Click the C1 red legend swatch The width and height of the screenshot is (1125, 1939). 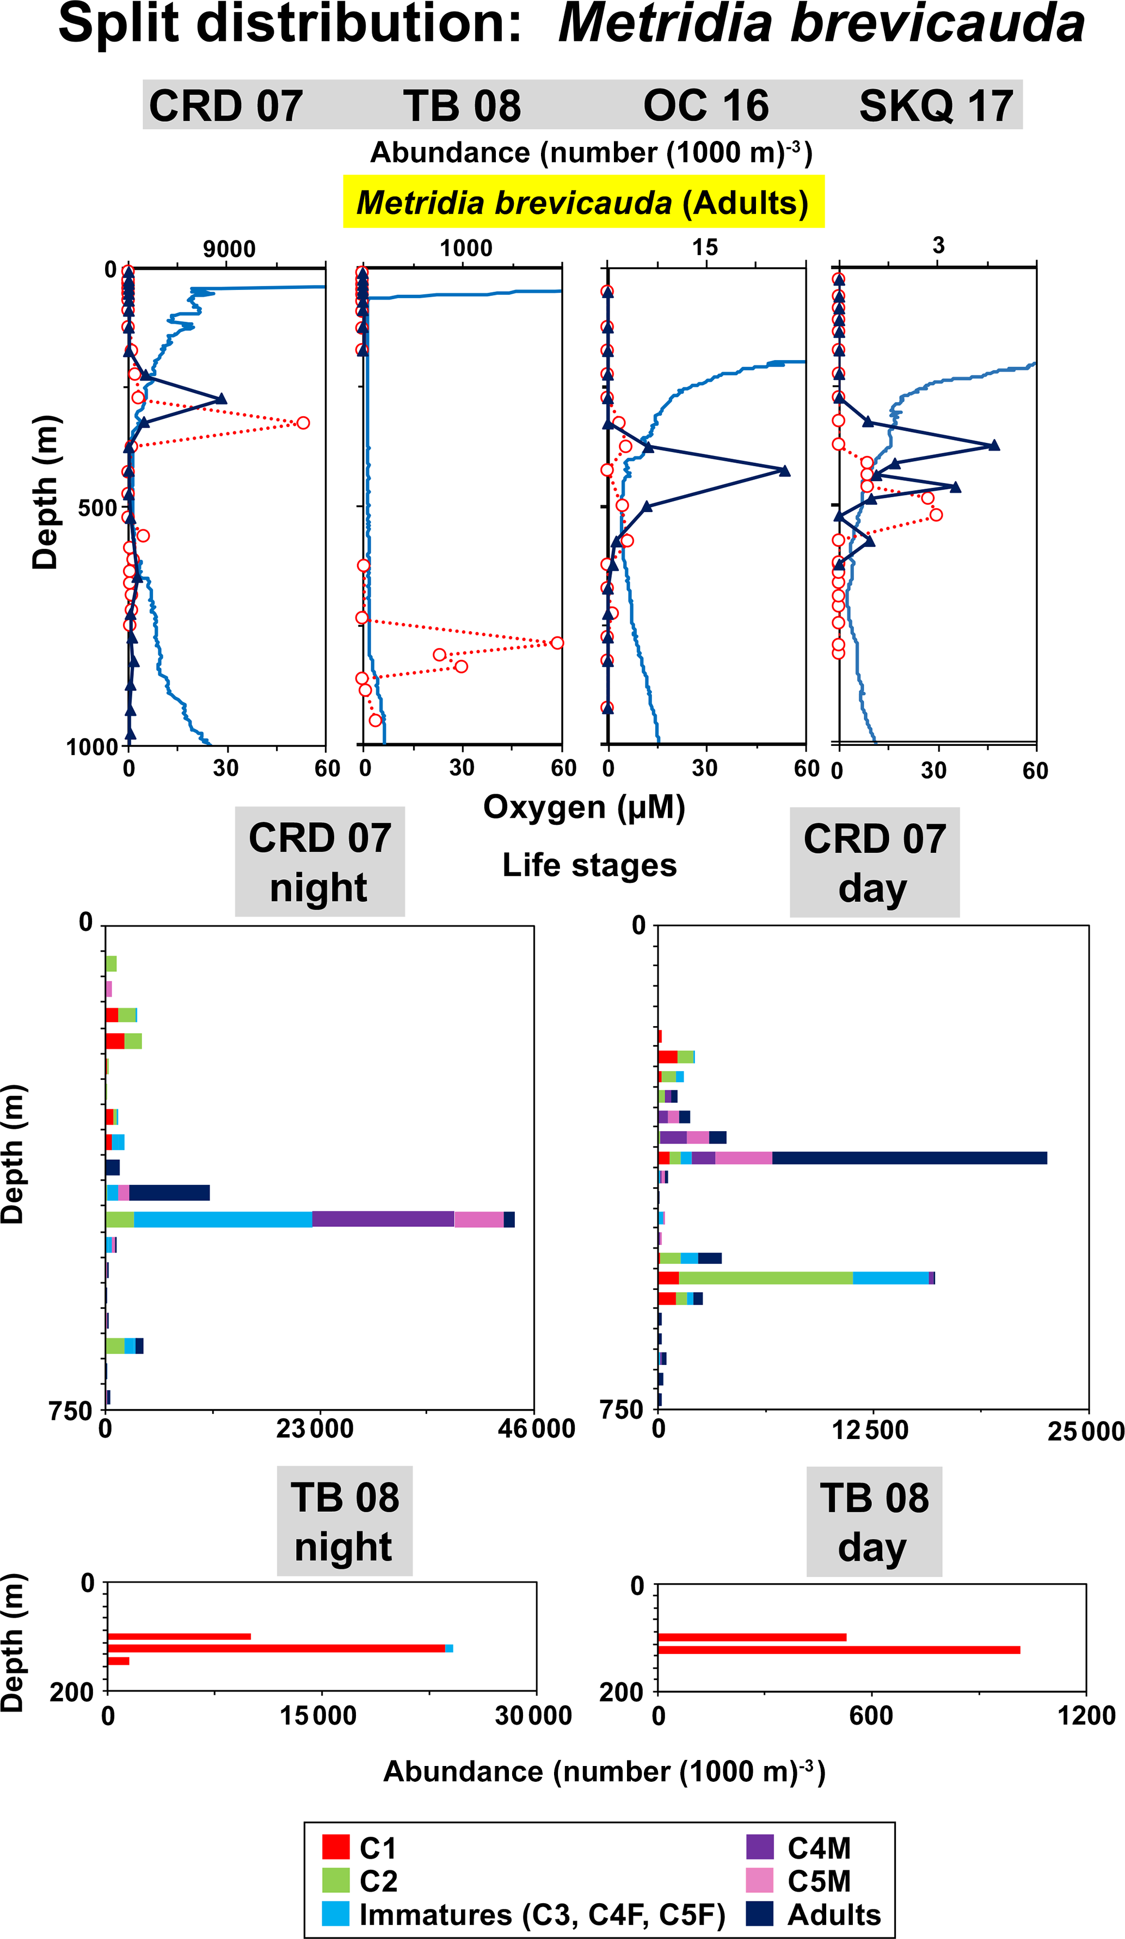pyautogui.click(x=335, y=1846)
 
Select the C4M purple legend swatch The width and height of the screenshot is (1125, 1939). pyautogui.click(x=759, y=1846)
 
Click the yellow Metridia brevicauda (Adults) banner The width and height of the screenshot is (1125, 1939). pyautogui.click(x=583, y=202)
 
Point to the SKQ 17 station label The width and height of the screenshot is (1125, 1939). pyautogui.click(x=935, y=106)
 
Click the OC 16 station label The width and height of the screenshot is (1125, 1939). pyautogui.click(x=705, y=106)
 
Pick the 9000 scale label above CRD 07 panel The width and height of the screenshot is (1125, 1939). pyautogui.click(x=229, y=249)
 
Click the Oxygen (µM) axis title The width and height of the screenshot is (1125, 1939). pyautogui.click(x=584, y=807)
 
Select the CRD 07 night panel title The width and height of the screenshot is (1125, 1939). pyautogui.click(x=319, y=862)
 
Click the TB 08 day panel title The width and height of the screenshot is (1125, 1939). pyautogui.click(x=874, y=1522)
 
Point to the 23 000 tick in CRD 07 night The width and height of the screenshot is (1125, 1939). pyautogui.click(x=315, y=1429)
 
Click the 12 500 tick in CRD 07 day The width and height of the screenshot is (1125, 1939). pyautogui.click(x=870, y=1430)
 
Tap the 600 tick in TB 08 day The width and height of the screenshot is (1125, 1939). pyautogui.click(x=871, y=1715)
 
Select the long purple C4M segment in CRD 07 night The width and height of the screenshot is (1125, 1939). pyautogui.click(x=383, y=1219)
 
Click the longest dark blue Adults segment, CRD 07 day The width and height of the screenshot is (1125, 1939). pyautogui.click(x=909, y=1158)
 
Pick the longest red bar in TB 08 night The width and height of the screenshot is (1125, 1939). pyautogui.click(x=275, y=1648)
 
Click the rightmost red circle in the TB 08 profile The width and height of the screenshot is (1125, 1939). pyautogui.click(x=557, y=643)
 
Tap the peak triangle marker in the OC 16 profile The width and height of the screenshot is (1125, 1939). pyautogui.click(x=785, y=471)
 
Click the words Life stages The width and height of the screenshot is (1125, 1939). pyautogui.click(x=589, y=865)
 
